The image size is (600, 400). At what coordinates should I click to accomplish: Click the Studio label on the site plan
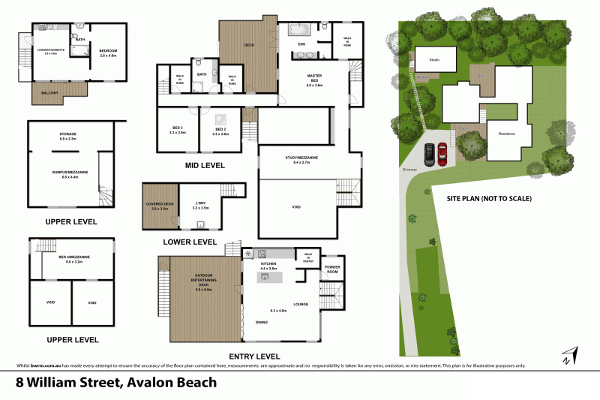pyautogui.click(x=433, y=59)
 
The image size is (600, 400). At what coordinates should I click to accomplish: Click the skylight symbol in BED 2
pyautogui.click(x=223, y=119)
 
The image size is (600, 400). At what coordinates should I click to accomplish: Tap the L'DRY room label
pyautogui.click(x=200, y=204)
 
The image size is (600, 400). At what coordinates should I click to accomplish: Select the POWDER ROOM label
pyautogui.click(x=332, y=269)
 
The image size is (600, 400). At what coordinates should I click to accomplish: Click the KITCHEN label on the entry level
pyautogui.click(x=268, y=264)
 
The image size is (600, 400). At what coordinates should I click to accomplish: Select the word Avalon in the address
pyautogui.click(x=149, y=382)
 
